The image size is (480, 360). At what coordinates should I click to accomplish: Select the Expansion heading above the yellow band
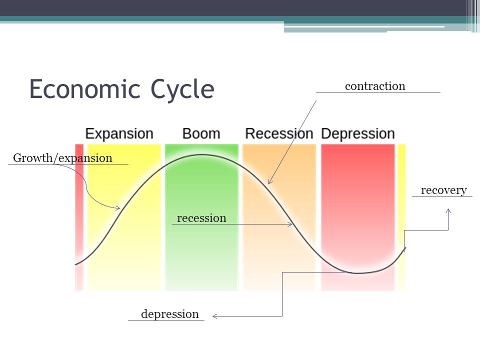click(x=119, y=134)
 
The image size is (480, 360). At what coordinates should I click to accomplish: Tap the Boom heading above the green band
click(x=201, y=134)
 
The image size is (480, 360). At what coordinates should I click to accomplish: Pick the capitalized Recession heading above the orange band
click(x=279, y=134)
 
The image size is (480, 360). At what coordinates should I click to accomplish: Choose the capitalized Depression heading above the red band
click(x=358, y=134)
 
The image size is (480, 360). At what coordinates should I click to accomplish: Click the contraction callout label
click(x=375, y=86)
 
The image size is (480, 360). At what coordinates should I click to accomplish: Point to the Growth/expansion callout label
click(x=62, y=158)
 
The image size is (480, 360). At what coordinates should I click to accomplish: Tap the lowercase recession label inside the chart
click(x=201, y=218)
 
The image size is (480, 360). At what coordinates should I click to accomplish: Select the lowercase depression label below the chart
click(x=169, y=314)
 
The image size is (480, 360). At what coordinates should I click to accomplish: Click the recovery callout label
click(x=443, y=190)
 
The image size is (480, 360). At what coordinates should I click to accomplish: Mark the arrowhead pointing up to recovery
click(x=448, y=211)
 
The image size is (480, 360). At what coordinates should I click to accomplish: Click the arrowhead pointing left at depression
click(x=215, y=316)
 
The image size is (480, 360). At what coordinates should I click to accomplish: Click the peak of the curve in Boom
click(x=201, y=154)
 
